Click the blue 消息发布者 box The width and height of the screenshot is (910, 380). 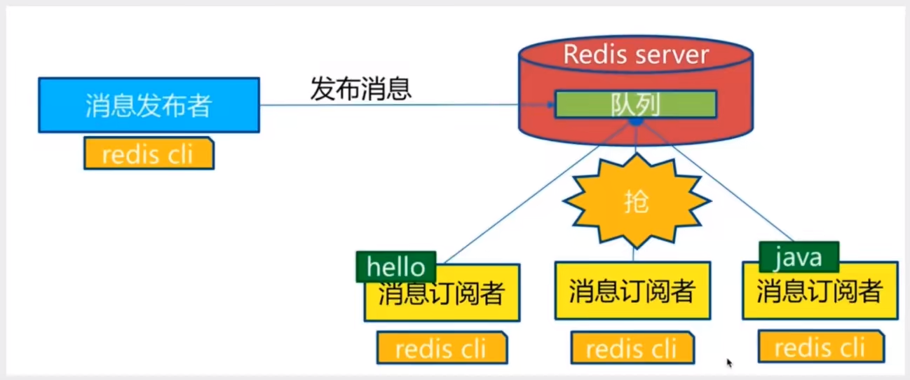coord(149,105)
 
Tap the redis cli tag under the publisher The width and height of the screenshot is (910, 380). coord(148,154)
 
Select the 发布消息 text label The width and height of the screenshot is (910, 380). coord(360,89)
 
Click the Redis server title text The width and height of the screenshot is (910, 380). coord(636,54)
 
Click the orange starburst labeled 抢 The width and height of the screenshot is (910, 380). coord(636,202)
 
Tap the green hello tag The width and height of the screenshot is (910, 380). coord(396,266)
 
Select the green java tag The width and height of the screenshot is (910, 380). coord(799,257)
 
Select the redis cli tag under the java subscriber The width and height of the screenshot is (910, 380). coord(820,347)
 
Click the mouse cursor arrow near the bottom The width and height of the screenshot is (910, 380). coord(729,362)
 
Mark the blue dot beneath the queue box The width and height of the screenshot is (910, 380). coord(636,122)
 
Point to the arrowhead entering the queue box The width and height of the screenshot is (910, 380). coord(551,105)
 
